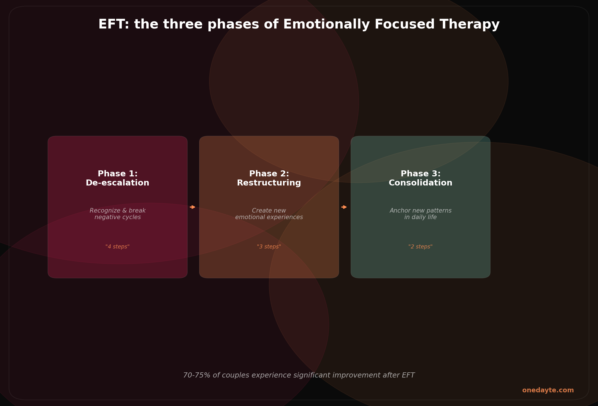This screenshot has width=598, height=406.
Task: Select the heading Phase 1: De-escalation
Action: pos(118,178)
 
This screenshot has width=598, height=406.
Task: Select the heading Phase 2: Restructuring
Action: pos(269,178)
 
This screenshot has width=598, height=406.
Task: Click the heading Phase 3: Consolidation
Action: pos(421,178)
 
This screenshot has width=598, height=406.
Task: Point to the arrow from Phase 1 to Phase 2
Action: pos(193,207)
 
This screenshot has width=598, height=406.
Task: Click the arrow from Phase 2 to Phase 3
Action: pos(344,207)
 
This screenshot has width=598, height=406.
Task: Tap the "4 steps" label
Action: pos(118,247)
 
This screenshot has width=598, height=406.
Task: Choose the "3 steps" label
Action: pos(269,247)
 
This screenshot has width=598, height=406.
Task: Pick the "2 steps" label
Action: pos(421,247)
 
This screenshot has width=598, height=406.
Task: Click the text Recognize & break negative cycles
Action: pos(118,214)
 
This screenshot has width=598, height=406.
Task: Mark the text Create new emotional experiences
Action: pos(269,214)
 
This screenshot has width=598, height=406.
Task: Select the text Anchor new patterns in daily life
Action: pos(421,214)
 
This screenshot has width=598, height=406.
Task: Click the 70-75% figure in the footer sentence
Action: pos(196,376)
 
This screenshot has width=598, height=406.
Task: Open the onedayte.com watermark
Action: pos(548,390)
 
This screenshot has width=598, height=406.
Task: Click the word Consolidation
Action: pos(421,183)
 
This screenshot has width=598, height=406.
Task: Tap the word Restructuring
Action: pos(269,183)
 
